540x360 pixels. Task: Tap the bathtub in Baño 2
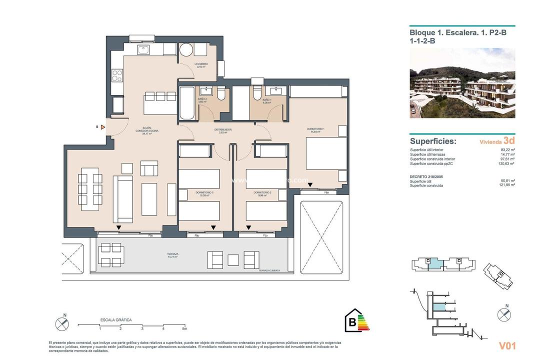tap(187, 103)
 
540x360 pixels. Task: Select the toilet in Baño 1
tap(256, 92)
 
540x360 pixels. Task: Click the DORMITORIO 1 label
tap(316, 129)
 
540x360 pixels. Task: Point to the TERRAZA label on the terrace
tap(173, 254)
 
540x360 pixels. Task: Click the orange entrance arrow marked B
tap(102, 127)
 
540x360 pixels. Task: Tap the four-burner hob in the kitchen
tap(117, 76)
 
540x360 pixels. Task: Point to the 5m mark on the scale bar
tap(184, 329)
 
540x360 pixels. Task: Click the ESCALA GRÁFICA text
tap(116, 319)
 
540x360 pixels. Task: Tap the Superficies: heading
tap(433, 141)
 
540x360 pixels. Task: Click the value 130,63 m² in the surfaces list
tap(507, 163)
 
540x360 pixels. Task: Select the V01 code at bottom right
tap(507, 345)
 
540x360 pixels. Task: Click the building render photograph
tap(462, 82)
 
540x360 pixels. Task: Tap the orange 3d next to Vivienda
tap(509, 141)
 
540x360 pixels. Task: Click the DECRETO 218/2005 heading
tap(426, 176)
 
